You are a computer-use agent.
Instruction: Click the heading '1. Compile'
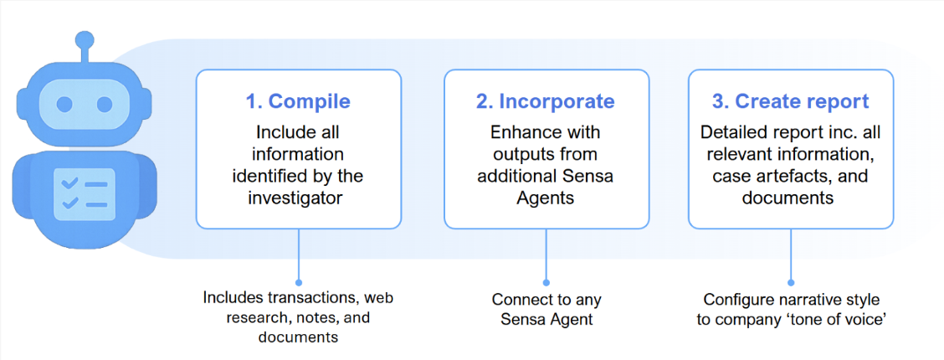pos(298,101)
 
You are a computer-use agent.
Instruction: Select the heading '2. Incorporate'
pos(546,101)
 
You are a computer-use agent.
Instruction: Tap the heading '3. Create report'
pos(791,101)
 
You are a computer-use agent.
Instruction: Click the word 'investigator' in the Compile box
pos(298,198)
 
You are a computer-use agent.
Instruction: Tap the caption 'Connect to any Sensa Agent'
pos(546,308)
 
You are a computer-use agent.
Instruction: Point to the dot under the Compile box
pos(298,283)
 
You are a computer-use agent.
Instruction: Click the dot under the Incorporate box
pos(546,283)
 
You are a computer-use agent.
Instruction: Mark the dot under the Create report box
pos(791,283)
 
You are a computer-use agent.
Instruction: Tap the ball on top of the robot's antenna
pos(84,39)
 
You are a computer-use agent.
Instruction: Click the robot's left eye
pos(64,105)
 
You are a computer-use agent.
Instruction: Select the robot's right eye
pos(104,105)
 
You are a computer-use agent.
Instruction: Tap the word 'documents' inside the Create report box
pos(791,198)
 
